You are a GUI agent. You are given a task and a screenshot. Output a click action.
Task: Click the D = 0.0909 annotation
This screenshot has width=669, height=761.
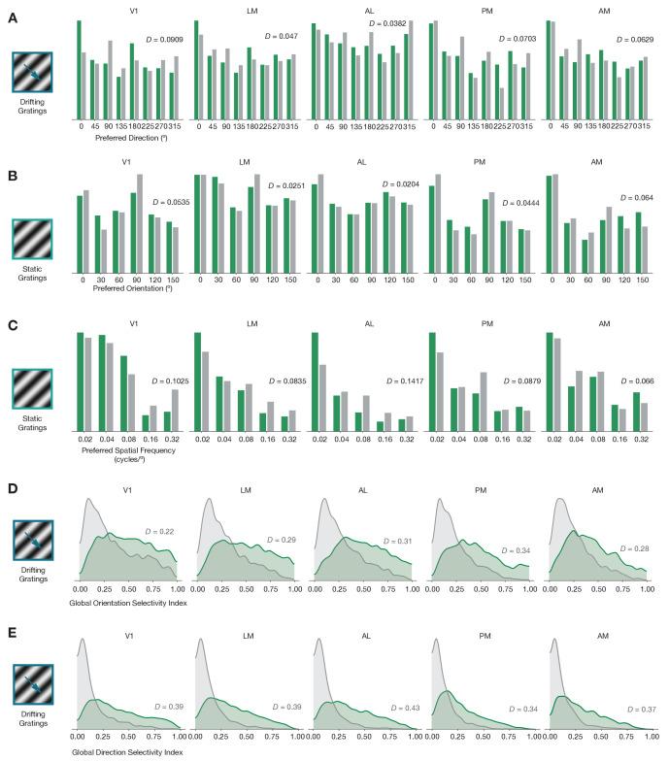coord(163,40)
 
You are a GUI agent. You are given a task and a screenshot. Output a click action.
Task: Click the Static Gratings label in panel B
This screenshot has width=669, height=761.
coord(33,276)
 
